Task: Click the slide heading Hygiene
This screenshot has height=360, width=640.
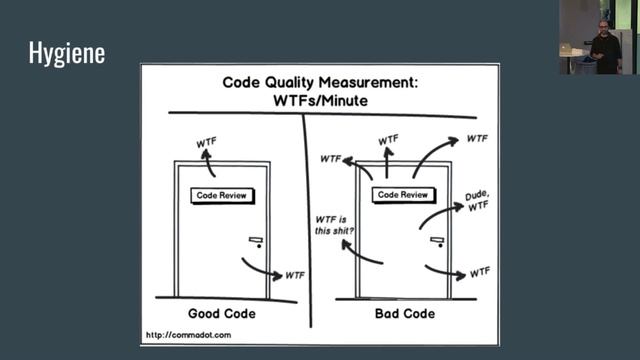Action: click(67, 53)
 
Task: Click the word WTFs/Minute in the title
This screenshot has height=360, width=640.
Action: click(320, 100)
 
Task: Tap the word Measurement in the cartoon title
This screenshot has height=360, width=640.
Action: click(369, 82)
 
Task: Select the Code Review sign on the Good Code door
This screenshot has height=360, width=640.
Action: click(222, 196)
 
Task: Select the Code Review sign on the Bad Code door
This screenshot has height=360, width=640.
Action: click(403, 195)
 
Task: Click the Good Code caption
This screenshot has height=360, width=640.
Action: click(222, 313)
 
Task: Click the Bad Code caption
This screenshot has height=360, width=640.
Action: click(405, 313)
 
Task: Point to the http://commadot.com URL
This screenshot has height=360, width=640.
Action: click(189, 335)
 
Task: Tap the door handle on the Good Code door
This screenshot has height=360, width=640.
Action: click(257, 242)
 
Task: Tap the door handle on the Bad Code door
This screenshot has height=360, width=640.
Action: click(438, 242)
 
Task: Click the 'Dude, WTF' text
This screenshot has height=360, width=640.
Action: click(478, 200)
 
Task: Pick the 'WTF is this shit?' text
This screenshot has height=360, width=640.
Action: click(334, 225)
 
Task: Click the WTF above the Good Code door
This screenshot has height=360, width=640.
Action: click(207, 142)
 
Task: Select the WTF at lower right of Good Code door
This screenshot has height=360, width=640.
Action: click(295, 276)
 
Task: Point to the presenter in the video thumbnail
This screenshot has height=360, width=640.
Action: click(605, 47)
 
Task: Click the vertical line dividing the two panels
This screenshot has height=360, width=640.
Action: click(307, 220)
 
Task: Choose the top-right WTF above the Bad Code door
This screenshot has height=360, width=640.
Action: click(477, 139)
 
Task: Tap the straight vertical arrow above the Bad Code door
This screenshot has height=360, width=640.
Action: click(387, 162)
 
